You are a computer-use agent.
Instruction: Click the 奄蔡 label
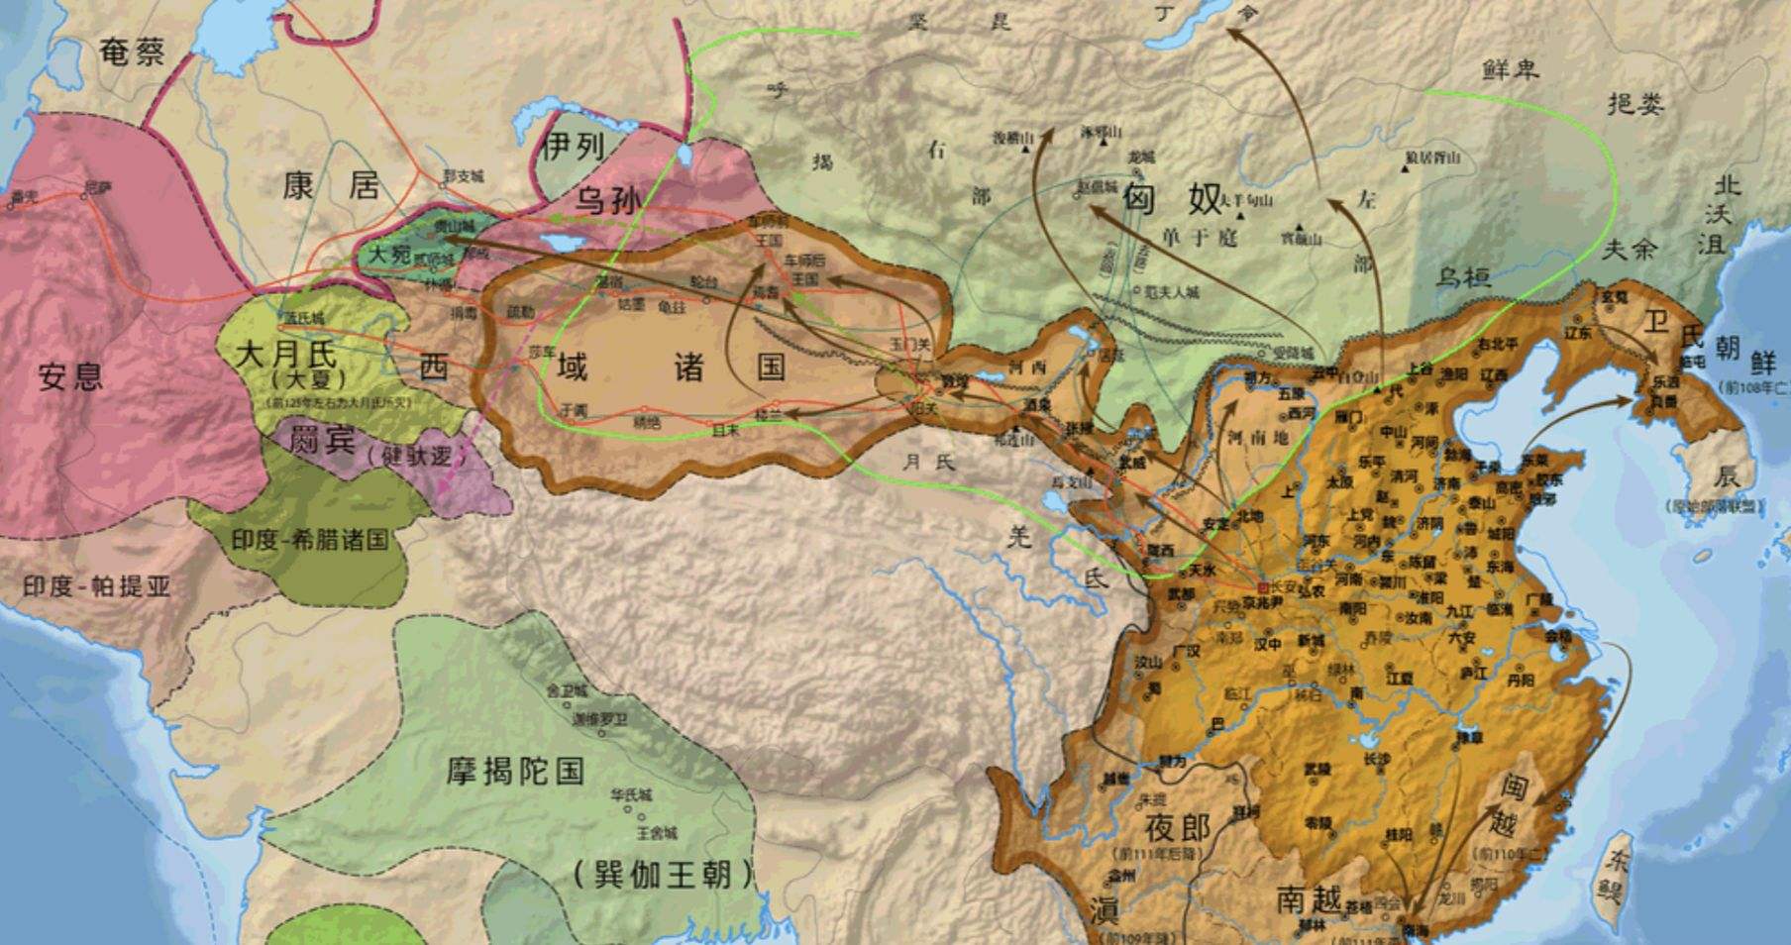click(133, 52)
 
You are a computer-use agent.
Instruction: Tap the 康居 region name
click(331, 185)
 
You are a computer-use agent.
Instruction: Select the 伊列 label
click(574, 148)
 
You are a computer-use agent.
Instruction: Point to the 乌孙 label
click(608, 201)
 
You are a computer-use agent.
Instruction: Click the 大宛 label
click(389, 255)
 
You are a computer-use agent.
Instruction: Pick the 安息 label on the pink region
click(70, 376)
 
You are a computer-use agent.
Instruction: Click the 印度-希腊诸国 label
click(310, 540)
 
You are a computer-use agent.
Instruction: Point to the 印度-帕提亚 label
click(96, 586)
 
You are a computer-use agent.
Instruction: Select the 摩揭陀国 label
click(515, 771)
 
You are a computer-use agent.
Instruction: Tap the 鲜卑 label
click(1511, 69)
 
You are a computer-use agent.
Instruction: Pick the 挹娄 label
click(1635, 104)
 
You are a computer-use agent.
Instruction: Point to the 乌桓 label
click(1464, 276)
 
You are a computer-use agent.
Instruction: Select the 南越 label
click(1309, 900)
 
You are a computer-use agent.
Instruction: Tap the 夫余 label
click(1630, 249)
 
